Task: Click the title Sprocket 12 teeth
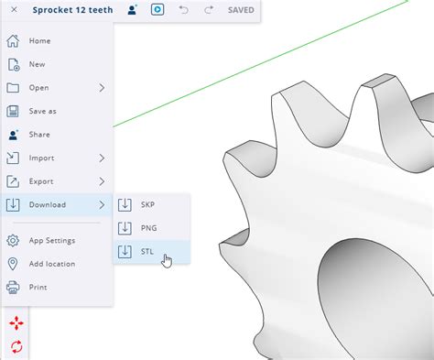pos(73,10)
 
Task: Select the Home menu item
pos(39,41)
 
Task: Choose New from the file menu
pos(38,64)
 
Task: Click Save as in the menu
pos(42,111)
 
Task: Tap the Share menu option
pos(40,135)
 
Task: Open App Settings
pos(51,240)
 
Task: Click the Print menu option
pos(38,287)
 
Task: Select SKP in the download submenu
pos(146,204)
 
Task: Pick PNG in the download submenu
pos(146,228)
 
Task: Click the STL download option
pos(146,251)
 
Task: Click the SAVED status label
pos(241,10)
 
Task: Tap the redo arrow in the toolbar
pos(208,10)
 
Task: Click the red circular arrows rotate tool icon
pos(16,346)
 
